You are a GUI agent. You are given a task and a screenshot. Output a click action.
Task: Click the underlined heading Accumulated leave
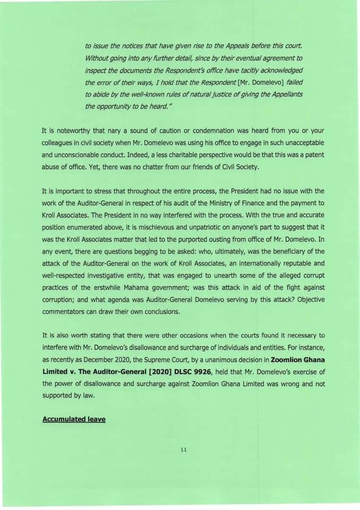[74, 419]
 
